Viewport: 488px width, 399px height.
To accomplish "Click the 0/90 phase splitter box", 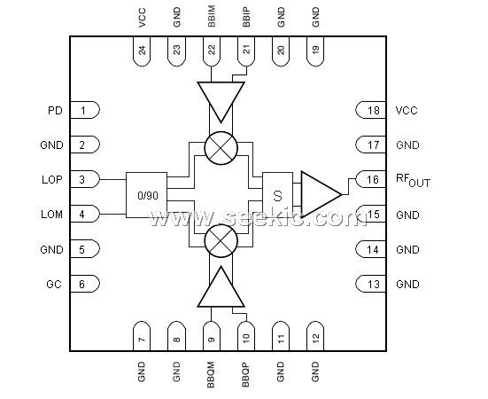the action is (146, 195).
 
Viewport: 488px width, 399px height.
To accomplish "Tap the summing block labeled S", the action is (277, 195).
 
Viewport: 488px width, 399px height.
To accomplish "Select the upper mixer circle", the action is (221, 148).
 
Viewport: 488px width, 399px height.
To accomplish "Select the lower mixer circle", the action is (221, 241).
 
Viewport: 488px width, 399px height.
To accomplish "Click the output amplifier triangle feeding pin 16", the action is (321, 194).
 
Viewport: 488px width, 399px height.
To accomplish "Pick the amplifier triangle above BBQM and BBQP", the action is (221, 286).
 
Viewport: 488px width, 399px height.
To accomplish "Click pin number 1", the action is (82, 110).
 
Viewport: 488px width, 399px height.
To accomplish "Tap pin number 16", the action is (373, 180).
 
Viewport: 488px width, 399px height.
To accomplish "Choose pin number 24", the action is (142, 50).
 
